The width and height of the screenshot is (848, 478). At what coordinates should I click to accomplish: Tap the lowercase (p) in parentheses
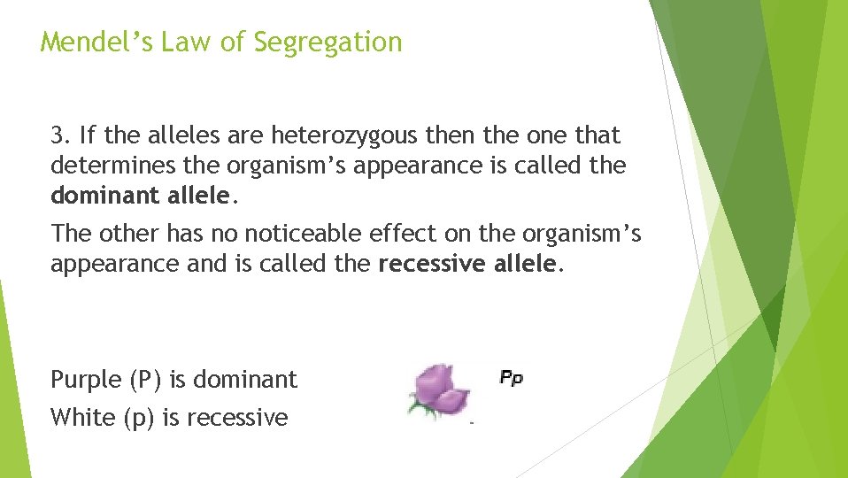[x=140, y=417]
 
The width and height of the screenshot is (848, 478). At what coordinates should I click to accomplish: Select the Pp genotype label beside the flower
[x=512, y=378]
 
